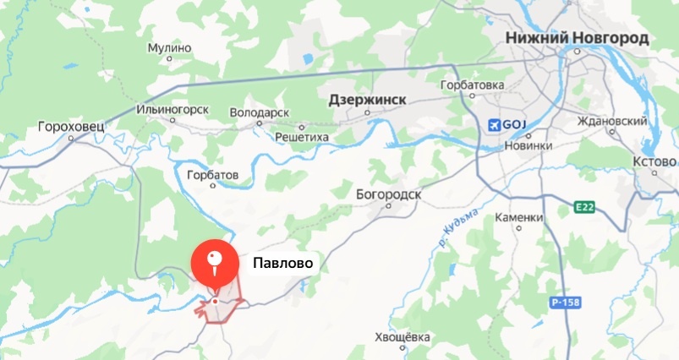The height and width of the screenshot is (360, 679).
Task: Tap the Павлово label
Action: point(283,264)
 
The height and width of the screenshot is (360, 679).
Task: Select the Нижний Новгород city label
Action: point(577,38)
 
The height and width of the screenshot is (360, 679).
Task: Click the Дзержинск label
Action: point(367,100)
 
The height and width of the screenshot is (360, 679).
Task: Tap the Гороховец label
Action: point(71,128)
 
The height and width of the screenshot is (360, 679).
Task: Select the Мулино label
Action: point(169,48)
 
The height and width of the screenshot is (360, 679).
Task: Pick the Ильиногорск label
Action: point(172,110)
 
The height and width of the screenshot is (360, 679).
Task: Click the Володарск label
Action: point(260,112)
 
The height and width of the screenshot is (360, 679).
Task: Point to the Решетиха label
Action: point(301,136)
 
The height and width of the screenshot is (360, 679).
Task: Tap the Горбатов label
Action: point(212,175)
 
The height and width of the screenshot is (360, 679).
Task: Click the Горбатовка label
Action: point(473,85)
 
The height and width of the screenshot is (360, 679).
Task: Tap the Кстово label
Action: point(654,161)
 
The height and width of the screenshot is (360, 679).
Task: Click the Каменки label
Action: point(518,217)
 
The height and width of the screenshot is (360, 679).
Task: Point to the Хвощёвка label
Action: point(402,338)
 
